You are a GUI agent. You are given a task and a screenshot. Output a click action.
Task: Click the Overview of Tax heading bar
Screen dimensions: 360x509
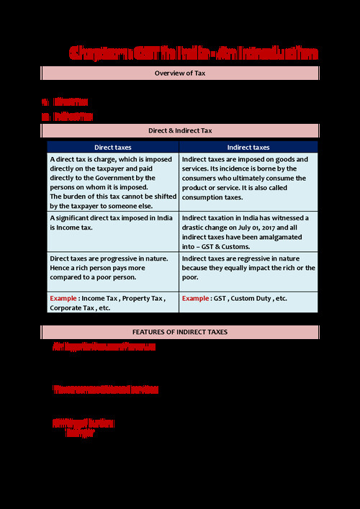click(x=180, y=73)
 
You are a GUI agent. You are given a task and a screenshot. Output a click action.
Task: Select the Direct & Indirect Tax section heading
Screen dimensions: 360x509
click(x=180, y=131)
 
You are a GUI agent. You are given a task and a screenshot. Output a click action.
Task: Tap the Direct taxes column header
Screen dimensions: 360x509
click(x=113, y=147)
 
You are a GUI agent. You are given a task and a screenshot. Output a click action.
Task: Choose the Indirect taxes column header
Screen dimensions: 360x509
click(x=248, y=147)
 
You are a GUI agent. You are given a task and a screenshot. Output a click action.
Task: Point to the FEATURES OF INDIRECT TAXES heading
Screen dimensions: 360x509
click(x=180, y=332)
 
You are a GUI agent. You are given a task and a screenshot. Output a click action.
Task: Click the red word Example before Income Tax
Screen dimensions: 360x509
click(x=63, y=298)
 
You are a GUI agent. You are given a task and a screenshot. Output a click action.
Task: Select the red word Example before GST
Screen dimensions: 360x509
click(x=196, y=298)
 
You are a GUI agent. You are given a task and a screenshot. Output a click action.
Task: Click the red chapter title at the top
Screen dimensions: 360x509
click(x=193, y=53)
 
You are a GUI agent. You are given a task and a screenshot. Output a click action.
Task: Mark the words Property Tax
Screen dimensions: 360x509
click(x=143, y=298)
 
